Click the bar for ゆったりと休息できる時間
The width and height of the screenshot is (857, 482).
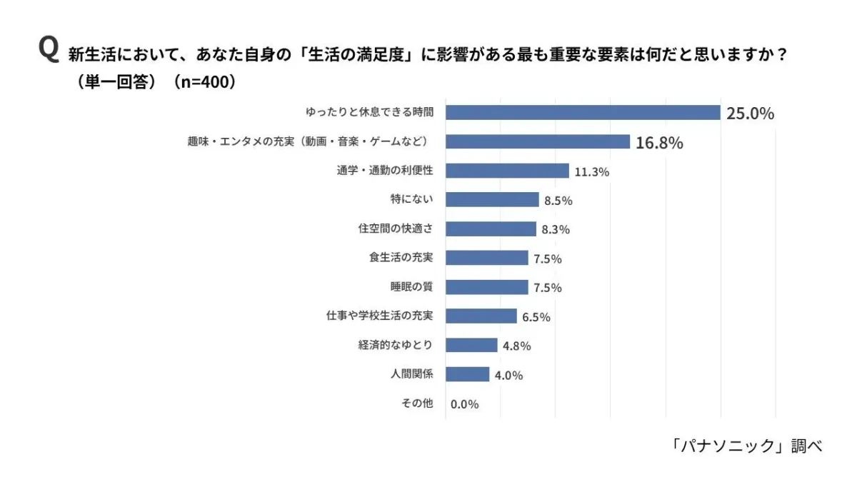[582, 112]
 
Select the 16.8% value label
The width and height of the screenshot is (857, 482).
[658, 143]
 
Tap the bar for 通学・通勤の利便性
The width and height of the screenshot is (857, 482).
[507, 171]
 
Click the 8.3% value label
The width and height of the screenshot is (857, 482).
[556, 230]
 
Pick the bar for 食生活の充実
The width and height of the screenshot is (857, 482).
[487, 258]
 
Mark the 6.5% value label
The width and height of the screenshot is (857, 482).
[536, 317]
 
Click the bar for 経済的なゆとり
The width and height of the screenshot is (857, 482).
[471, 345]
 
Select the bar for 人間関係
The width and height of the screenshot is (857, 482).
[468, 374]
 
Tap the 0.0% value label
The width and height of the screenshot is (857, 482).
[464, 404]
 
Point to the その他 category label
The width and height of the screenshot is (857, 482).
[418, 403]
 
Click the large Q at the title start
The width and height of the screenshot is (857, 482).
[49, 52]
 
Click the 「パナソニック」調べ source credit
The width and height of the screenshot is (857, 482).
[747, 446]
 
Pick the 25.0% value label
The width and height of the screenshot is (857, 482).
[750, 114]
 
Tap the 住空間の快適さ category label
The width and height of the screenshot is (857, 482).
[396, 229]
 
